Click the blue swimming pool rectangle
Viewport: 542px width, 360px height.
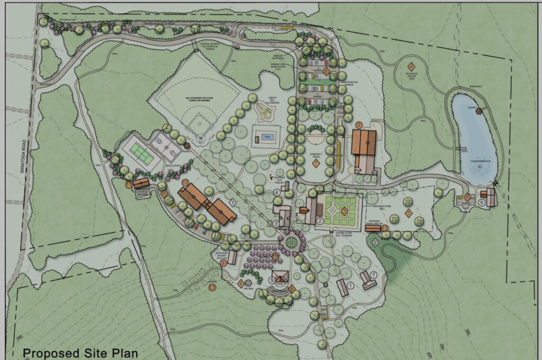pos(264,136)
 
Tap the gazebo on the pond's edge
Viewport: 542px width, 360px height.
pos(480,111)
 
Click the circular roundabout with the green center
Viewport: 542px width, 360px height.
pos(291,242)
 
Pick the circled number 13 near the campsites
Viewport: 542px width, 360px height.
pos(212,287)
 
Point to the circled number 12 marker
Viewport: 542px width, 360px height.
pos(385,228)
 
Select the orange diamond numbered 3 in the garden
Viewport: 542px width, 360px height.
pos(344,211)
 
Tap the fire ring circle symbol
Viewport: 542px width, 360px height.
pos(250,283)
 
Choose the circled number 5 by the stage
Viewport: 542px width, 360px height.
pos(273,280)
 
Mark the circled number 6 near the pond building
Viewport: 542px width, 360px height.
pos(482,202)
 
